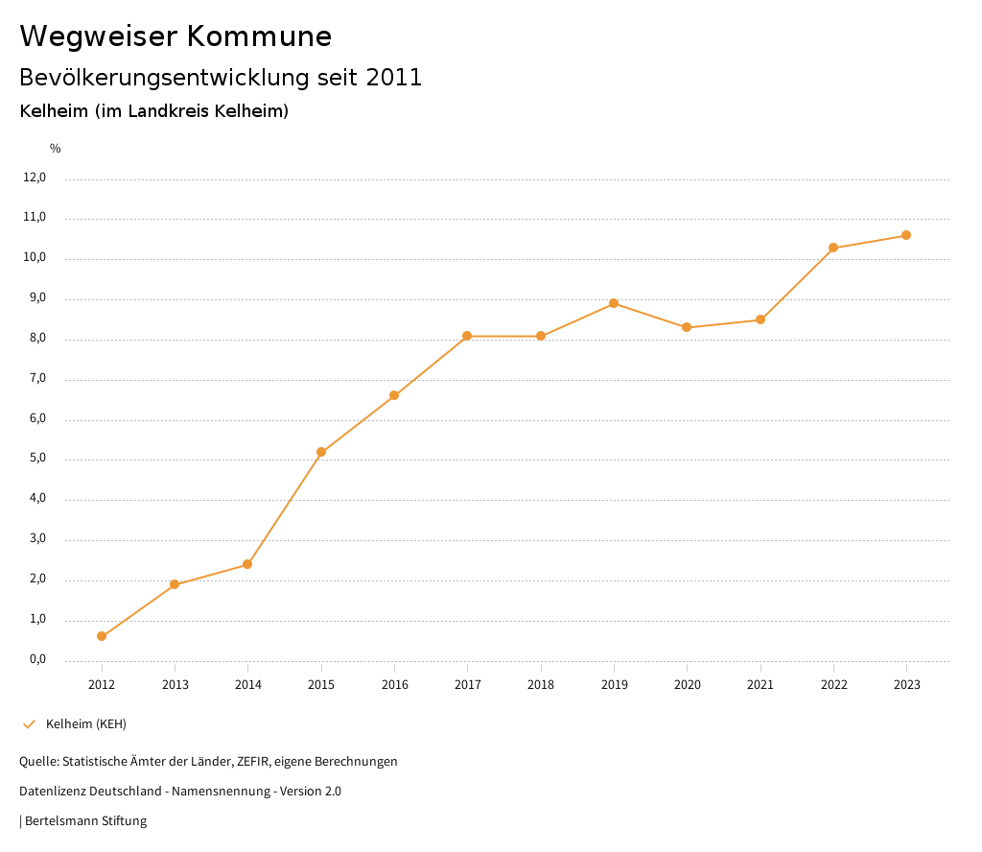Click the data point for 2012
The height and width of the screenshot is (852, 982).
coord(102,636)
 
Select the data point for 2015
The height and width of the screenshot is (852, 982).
coord(321,452)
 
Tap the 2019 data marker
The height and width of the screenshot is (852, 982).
coord(614,303)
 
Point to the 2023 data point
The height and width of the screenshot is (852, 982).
coord(906,235)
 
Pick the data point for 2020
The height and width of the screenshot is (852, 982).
coord(687,327)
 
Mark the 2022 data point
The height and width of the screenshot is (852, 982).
coord(833,248)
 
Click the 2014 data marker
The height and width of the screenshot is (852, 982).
coord(247,564)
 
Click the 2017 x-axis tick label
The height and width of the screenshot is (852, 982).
coord(468,685)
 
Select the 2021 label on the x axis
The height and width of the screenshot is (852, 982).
coord(760,685)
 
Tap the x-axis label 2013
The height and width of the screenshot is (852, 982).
coord(175,685)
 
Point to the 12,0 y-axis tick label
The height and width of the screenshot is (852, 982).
coord(35,177)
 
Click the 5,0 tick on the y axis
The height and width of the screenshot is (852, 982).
coord(37,459)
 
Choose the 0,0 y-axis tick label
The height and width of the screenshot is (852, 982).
coord(37,659)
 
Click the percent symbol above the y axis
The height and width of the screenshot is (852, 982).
coord(56,149)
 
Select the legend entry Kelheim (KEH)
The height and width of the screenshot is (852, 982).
coord(86,724)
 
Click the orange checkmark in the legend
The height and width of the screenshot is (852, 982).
coord(29,724)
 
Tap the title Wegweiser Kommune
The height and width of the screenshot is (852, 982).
coord(175,36)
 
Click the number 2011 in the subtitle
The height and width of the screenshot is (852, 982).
coord(394,78)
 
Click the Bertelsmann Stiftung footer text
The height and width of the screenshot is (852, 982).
coord(85,821)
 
